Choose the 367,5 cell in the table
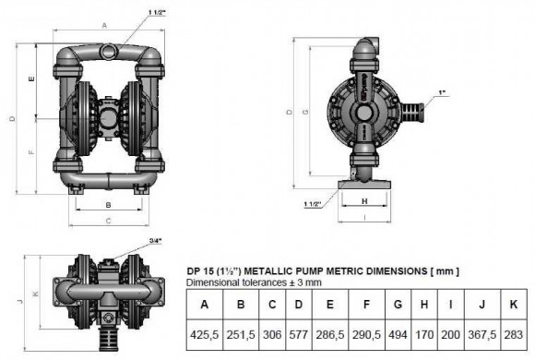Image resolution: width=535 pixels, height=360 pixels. tap(479, 335)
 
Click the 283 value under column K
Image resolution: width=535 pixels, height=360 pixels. tap(512, 335)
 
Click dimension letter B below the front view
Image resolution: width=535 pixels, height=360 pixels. tap(109, 204)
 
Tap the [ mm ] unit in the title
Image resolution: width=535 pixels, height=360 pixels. tap(443, 270)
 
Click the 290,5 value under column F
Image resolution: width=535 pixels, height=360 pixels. tap(367, 335)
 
